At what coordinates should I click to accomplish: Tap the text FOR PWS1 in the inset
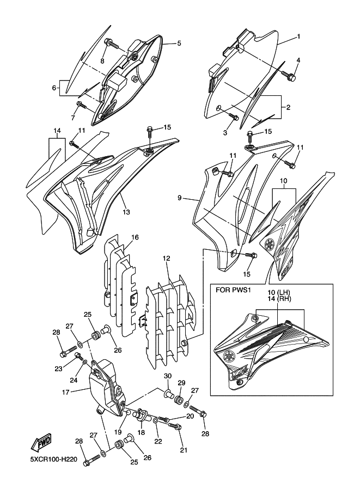(234, 291)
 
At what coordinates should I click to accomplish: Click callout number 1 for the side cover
(298, 37)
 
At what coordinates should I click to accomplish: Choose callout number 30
(168, 376)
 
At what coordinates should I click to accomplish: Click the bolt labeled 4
(291, 78)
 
